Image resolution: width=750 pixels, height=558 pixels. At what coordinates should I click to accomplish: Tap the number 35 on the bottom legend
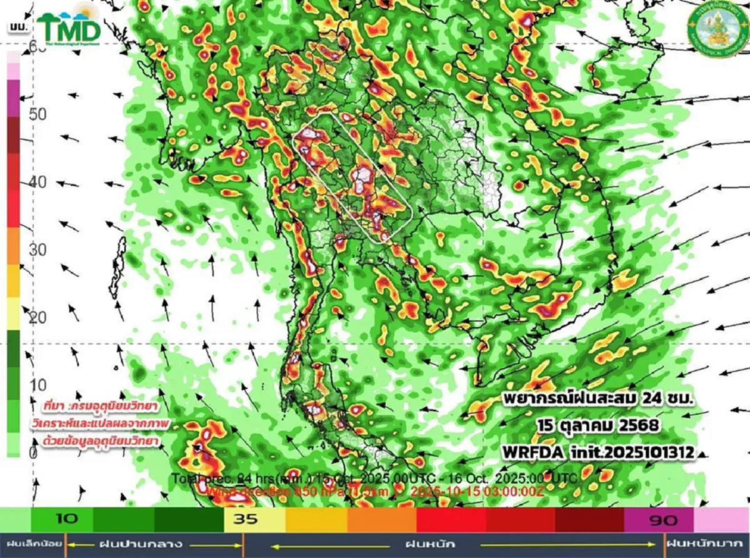[x=246, y=519]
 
